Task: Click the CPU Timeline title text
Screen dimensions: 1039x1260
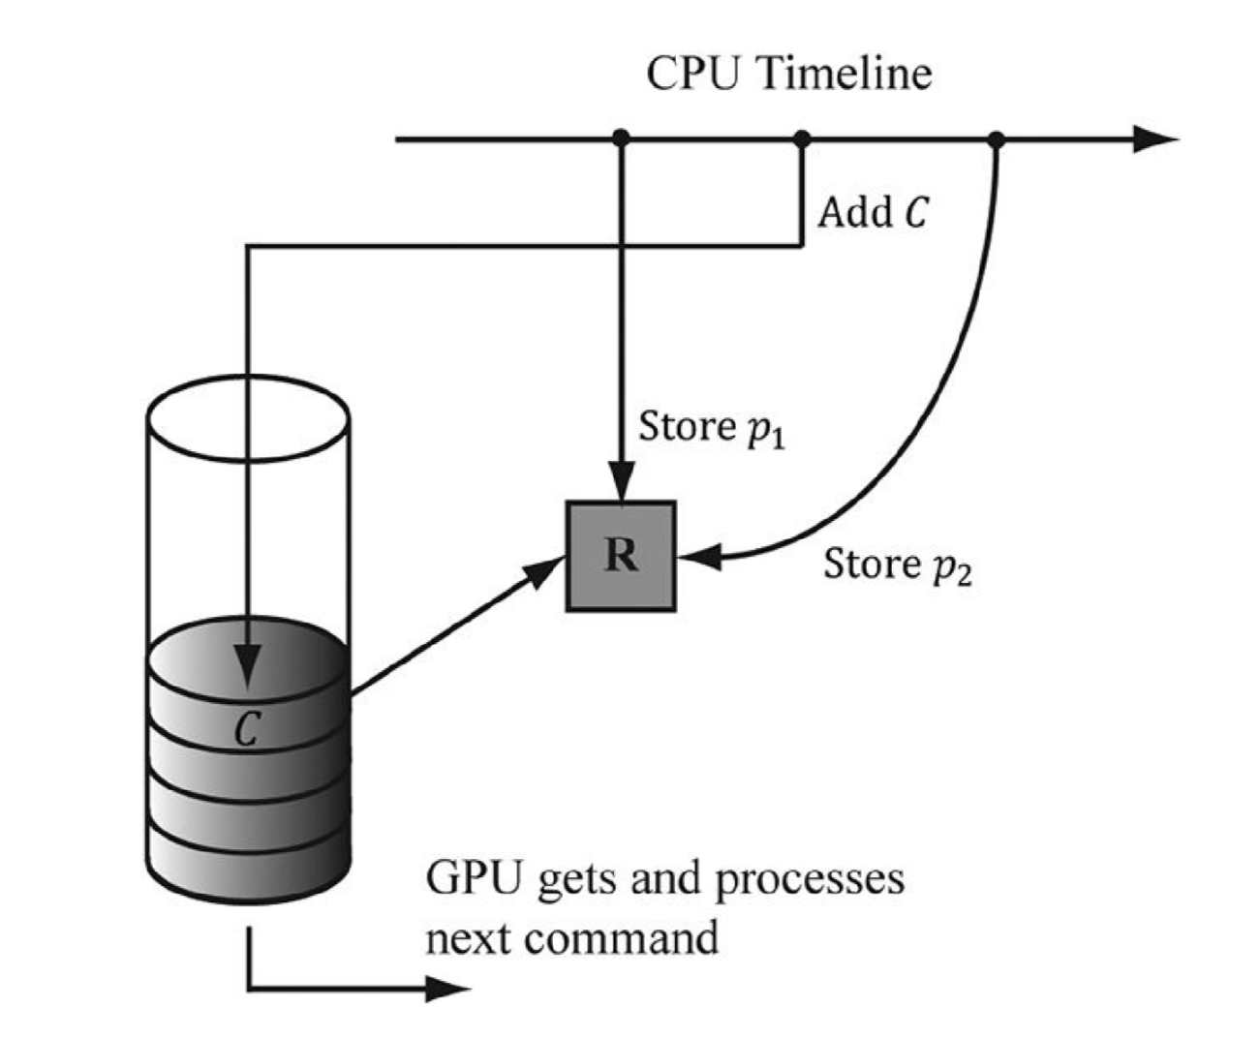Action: pyautogui.click(x=788, y=75)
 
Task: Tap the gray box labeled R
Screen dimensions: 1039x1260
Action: pyautogui.click(x=621, y=556)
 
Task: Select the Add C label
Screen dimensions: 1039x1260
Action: pyautogui.click(x=873, y=212)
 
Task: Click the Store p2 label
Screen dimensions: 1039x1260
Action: pyautogui.click(x=897, y=565)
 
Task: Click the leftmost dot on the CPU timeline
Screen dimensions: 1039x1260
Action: pyautogui.click(x=621, y=139)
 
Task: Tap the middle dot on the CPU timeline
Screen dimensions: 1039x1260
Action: pyautogui.click(x=801, y=139)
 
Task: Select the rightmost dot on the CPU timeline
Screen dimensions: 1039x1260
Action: pyautogui.click(x=997, y=139)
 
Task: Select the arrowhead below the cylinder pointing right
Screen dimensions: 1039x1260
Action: pyautogui.click(x=449, y=989)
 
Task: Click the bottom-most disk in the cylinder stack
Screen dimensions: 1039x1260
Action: pyautogui.click(x=248, y=867)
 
